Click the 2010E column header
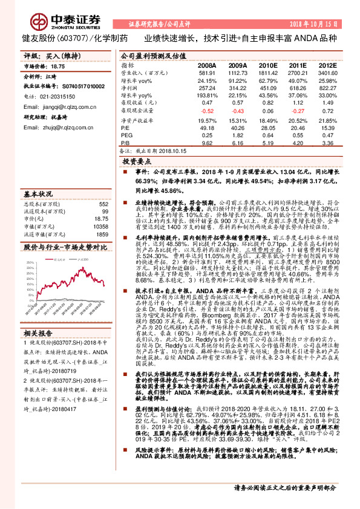coord(267,65)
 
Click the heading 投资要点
coord(137,163)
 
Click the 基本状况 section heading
coord(38,194)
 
